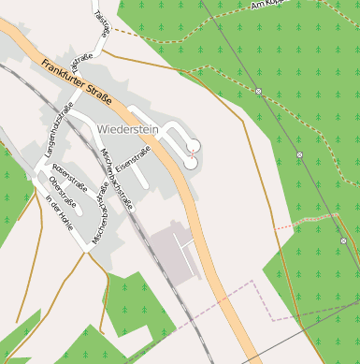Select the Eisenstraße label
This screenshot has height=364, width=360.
tap(134, 161)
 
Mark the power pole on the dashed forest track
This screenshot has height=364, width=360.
tap(258, 92)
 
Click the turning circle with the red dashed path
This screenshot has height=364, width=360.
tap(194, 144)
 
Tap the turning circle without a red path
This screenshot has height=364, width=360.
tap(191, 162)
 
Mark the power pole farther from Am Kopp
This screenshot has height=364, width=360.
tap(300, 154)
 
